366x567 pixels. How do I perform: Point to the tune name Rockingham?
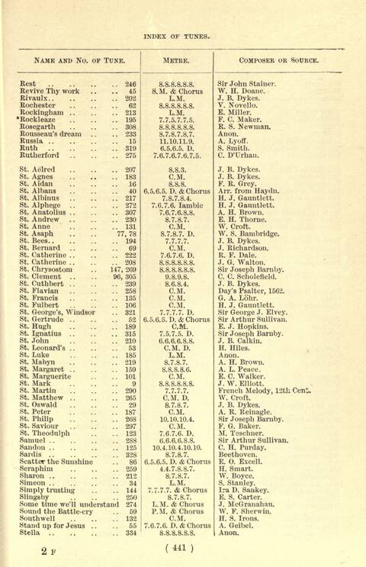tap(44, 112)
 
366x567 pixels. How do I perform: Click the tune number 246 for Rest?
tap(130, 85)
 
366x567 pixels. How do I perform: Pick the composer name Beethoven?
tap(239, 454)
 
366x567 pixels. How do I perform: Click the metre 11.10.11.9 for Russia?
tap(176, 141)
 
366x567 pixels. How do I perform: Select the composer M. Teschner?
tap(240, 433)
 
